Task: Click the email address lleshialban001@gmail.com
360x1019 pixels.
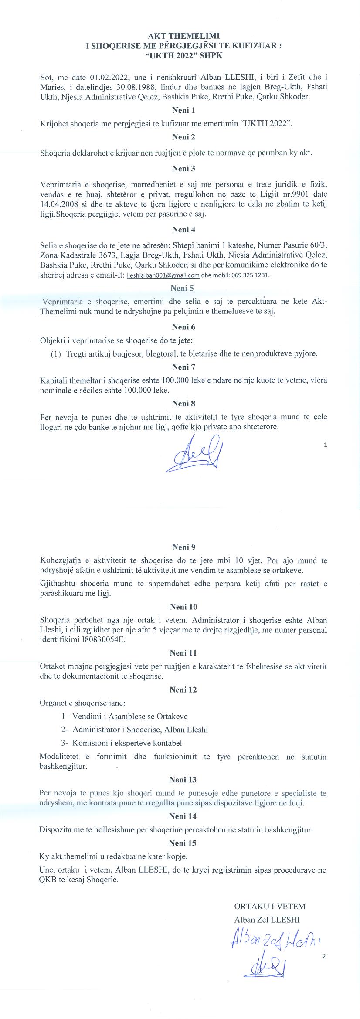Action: click(x=163, y=275)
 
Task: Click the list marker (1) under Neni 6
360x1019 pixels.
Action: click(x=56, y=353)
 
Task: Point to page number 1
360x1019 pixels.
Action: click(x=326, y=445)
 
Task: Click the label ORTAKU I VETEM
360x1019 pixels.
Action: click(x=269, y=906)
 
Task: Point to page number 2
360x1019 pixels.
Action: click(x=323, y=957)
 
